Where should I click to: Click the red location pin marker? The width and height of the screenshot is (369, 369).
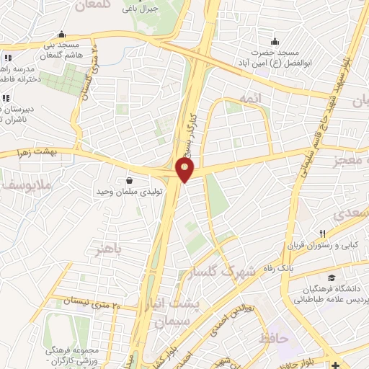pyautogui.click(x=185, y=169)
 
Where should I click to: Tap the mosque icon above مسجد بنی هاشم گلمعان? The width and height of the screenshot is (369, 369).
pyautogui.click(x=61, y=34)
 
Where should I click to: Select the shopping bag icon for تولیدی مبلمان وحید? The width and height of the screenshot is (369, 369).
pyautogui.click(x=129, y=180)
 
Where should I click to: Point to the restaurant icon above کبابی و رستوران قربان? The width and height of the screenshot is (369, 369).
pyautogui.click(x=323, y=234)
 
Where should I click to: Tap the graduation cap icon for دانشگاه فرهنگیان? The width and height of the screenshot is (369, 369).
pyautogui.click(x=331, y=278)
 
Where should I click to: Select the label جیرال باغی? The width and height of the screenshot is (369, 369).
pyautogui.click(x=135, y=9)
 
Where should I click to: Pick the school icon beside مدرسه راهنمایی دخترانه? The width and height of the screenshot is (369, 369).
pyautogui.click(x=7, y=58)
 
